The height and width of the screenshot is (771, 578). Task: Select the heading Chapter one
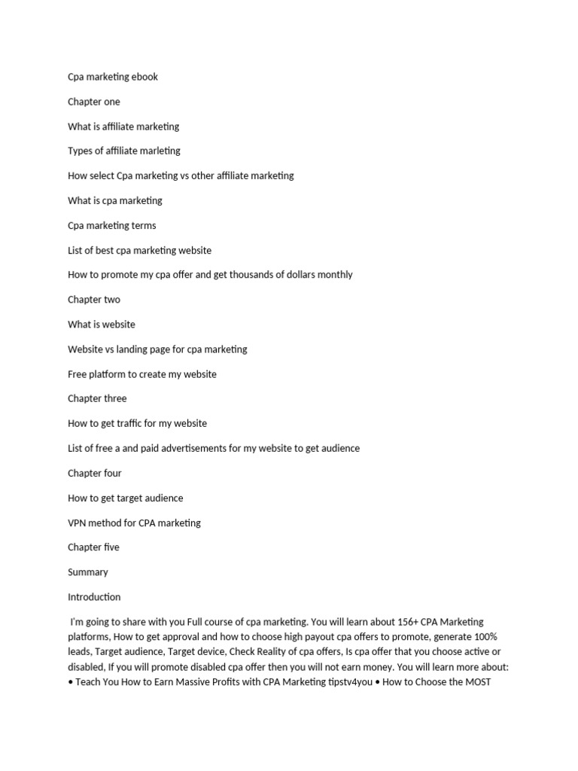[93, 102]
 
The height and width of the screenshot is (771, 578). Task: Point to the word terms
[144, 225]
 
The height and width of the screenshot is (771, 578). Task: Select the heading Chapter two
[93, 300]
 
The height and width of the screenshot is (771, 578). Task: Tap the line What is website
[102, 325]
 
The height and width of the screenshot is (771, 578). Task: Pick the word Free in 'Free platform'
[78, 374]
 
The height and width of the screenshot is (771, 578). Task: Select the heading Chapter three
[97, 398]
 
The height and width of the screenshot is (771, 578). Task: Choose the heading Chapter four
[94, 473]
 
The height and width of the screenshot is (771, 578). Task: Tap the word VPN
[78, 523]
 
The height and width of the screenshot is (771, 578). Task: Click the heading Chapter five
[93, 547]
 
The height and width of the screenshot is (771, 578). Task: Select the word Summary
[88, 572]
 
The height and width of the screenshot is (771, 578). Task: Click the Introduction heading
[94, 597]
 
